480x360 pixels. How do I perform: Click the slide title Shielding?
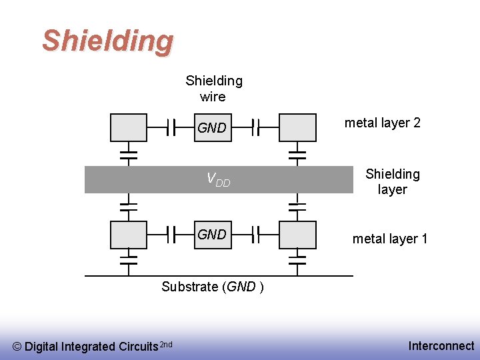107,41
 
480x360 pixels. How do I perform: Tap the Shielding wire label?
213,89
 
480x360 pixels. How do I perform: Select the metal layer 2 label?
382,123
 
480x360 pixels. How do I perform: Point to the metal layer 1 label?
390,239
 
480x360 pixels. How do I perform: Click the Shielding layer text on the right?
392,181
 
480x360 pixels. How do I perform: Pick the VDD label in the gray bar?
218,179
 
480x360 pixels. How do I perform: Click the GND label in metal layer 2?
212,128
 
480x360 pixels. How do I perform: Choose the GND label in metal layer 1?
212,235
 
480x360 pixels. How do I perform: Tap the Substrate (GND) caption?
212,287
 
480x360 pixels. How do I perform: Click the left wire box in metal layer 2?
128,127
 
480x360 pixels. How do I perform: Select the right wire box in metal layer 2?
297,127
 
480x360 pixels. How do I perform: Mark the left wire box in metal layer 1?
128,235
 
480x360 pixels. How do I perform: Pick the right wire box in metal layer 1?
297,235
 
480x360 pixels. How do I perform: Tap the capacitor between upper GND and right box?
255,127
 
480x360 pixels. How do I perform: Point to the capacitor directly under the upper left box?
128,155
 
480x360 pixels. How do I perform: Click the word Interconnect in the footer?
441,346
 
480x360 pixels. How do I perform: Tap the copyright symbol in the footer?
17,347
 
